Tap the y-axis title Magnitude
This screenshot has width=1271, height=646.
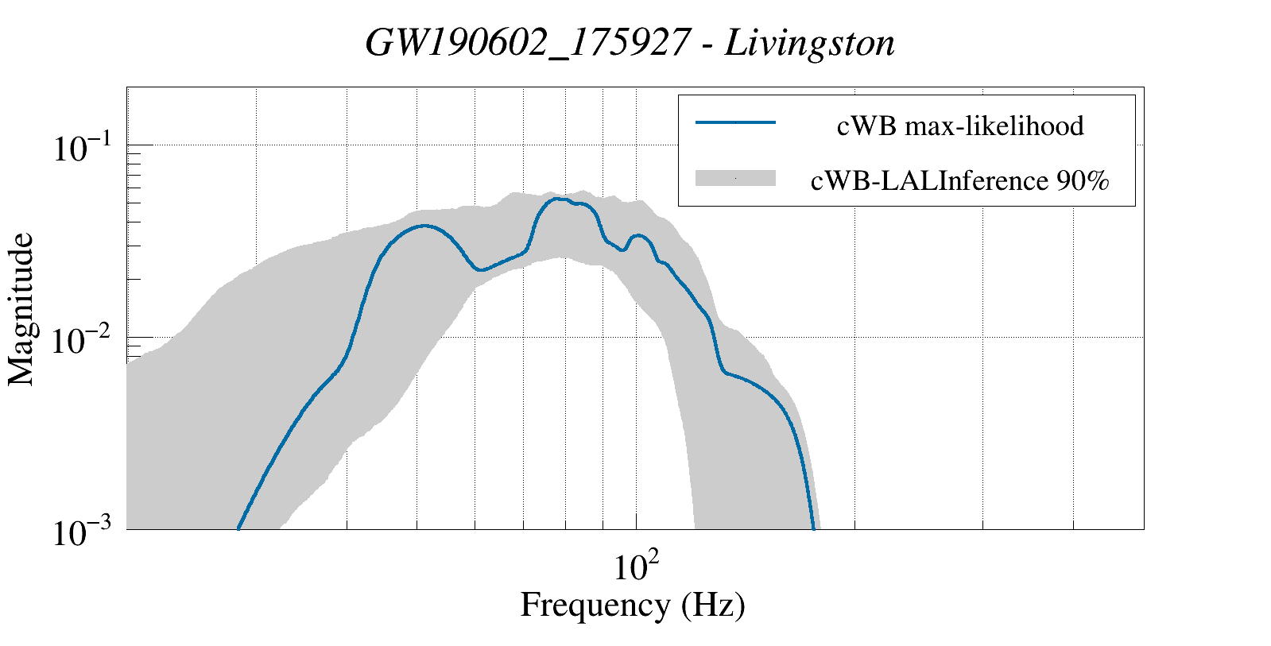(x=21, y=309)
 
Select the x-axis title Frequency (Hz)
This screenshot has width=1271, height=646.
(x=633, y=605)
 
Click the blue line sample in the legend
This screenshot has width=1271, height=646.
(x=735, y=122)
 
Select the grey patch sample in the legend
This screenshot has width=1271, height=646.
(x=735, y=179)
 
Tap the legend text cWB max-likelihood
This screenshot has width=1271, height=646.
(x=960, y=126)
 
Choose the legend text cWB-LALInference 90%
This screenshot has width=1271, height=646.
(x=959, y=181)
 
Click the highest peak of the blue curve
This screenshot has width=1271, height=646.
(x=558, y=199)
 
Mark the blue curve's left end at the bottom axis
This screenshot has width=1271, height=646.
(x=238, y=528)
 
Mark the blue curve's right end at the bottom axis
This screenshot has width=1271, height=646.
(x=813, y=528)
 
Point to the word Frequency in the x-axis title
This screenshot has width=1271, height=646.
(x=595, y=605)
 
